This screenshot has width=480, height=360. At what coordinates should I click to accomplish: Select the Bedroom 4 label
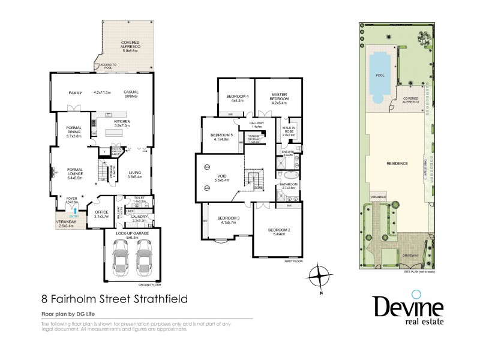point(237,98)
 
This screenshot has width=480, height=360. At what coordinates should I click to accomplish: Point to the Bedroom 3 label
point(229,220)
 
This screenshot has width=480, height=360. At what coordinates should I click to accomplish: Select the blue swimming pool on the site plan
point(379,74)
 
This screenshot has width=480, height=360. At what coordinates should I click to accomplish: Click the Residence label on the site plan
point(397,164)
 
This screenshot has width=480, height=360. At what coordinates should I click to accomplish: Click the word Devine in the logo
point(408,307)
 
